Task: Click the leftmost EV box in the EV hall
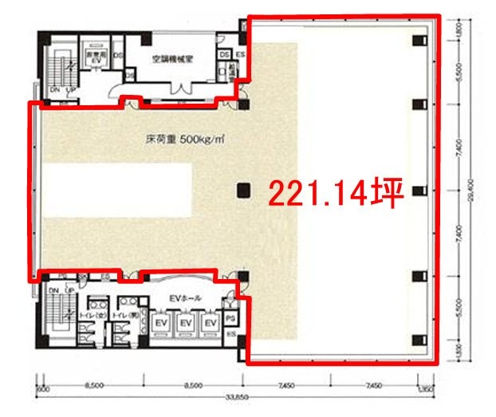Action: point(160,323)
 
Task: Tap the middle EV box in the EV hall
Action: point(186,323)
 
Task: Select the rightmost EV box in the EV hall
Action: point(211,323)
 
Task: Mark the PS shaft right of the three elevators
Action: point(230,317)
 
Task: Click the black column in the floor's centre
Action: point(243,189)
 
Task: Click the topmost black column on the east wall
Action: point(416,41)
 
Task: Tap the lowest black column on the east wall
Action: point(416,341)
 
